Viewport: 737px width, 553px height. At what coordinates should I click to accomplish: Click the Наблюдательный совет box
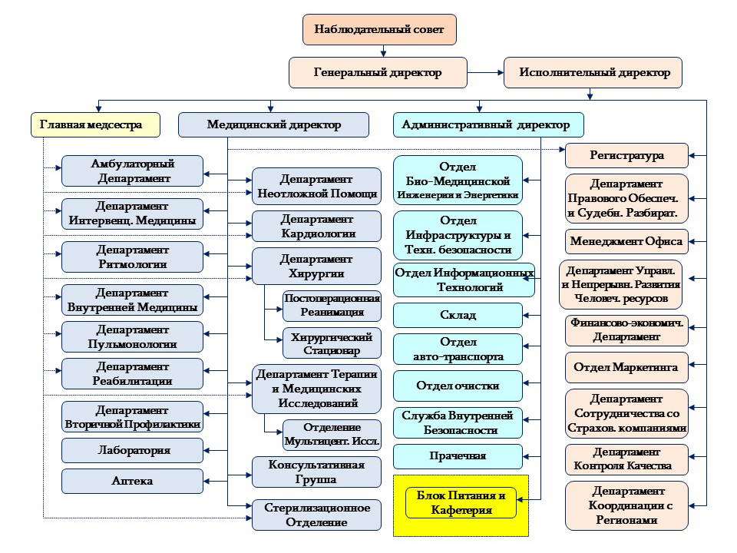pos(379,30)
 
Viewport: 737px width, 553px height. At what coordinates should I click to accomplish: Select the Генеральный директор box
pos(378,72)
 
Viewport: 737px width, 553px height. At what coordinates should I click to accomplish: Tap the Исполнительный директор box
pos(593,72)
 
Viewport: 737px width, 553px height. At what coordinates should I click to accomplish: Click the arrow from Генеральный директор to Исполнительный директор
pos(485,72)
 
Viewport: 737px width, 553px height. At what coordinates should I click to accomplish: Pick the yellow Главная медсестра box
pos(95,124)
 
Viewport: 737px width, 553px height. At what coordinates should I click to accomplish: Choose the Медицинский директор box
pos(273,124)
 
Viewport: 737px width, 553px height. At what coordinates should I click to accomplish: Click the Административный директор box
pos(488,124)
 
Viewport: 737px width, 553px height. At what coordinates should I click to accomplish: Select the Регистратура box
pos(626,156)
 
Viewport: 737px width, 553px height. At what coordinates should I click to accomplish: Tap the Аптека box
pos(132,481)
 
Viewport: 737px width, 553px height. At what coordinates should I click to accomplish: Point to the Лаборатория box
pos(132,451)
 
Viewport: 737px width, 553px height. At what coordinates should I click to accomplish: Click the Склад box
pos(458,315)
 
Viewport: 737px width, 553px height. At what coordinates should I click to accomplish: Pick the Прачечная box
pos(458,456)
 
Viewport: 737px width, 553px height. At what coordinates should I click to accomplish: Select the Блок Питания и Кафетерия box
pos(461,502)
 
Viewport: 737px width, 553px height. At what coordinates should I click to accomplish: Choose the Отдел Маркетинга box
pos(626,368)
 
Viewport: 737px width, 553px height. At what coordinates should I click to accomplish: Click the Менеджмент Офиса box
pos(626,242)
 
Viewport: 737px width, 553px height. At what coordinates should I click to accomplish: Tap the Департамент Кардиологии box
pos(316,226)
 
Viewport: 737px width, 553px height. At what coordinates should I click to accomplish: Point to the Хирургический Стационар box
pos(332,343)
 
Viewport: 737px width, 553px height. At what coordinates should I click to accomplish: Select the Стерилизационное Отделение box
pos(316,515)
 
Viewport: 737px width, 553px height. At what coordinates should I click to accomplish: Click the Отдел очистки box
pos(458,386)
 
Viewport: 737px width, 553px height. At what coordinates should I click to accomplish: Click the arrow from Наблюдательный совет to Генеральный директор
pos(383,51)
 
